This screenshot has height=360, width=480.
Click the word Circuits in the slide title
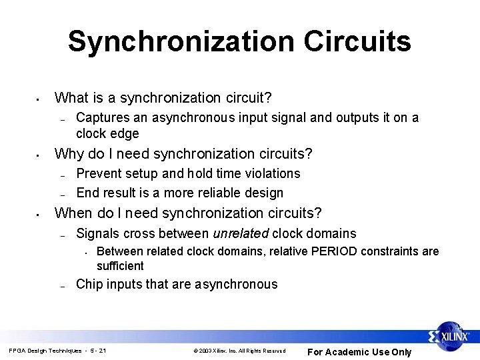[357, 41]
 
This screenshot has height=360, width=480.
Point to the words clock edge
[107, 133]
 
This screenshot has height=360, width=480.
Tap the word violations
[270, 173]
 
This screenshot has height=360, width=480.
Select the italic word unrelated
[241, 233]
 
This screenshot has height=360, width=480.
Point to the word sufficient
[120, 265]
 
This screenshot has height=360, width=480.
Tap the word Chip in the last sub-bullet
[89, 284]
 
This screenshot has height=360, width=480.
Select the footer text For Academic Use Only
[359, 352]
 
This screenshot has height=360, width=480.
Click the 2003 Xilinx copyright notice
[239, 351]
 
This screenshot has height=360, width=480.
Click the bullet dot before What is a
[39, 100]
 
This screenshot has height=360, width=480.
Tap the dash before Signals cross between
[61, 235]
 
